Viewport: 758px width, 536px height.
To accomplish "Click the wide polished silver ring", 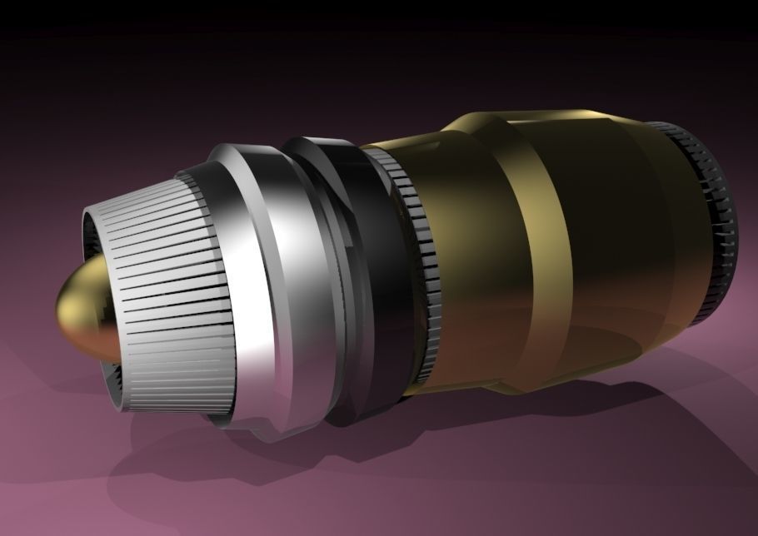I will (267, 275).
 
